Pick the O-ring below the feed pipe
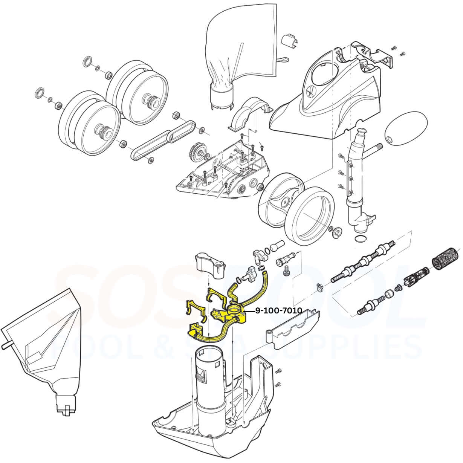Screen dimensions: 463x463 360,238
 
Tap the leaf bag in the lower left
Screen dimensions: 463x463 43,339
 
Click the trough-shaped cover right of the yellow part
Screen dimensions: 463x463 293,326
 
